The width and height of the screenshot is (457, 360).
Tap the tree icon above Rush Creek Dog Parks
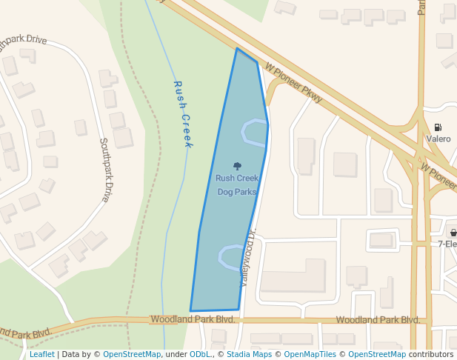[237, 167]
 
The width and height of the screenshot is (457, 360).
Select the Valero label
[438, 139]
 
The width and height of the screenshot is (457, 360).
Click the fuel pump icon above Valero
[438, 127]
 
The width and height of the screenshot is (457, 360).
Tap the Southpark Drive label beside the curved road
[104, 170]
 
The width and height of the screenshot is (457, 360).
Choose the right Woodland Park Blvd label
[378, 320]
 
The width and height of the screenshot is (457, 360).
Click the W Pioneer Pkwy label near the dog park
[294, 81]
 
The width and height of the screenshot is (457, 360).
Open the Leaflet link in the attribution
[42, 355]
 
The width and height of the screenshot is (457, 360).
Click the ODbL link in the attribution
[200, 355]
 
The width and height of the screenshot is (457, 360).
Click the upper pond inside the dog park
[255, 132]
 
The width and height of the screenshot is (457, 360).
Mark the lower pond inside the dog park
[230, 256]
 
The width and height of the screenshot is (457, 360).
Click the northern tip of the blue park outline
[237, 49]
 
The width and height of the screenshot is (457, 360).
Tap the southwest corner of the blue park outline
[190, 310]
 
